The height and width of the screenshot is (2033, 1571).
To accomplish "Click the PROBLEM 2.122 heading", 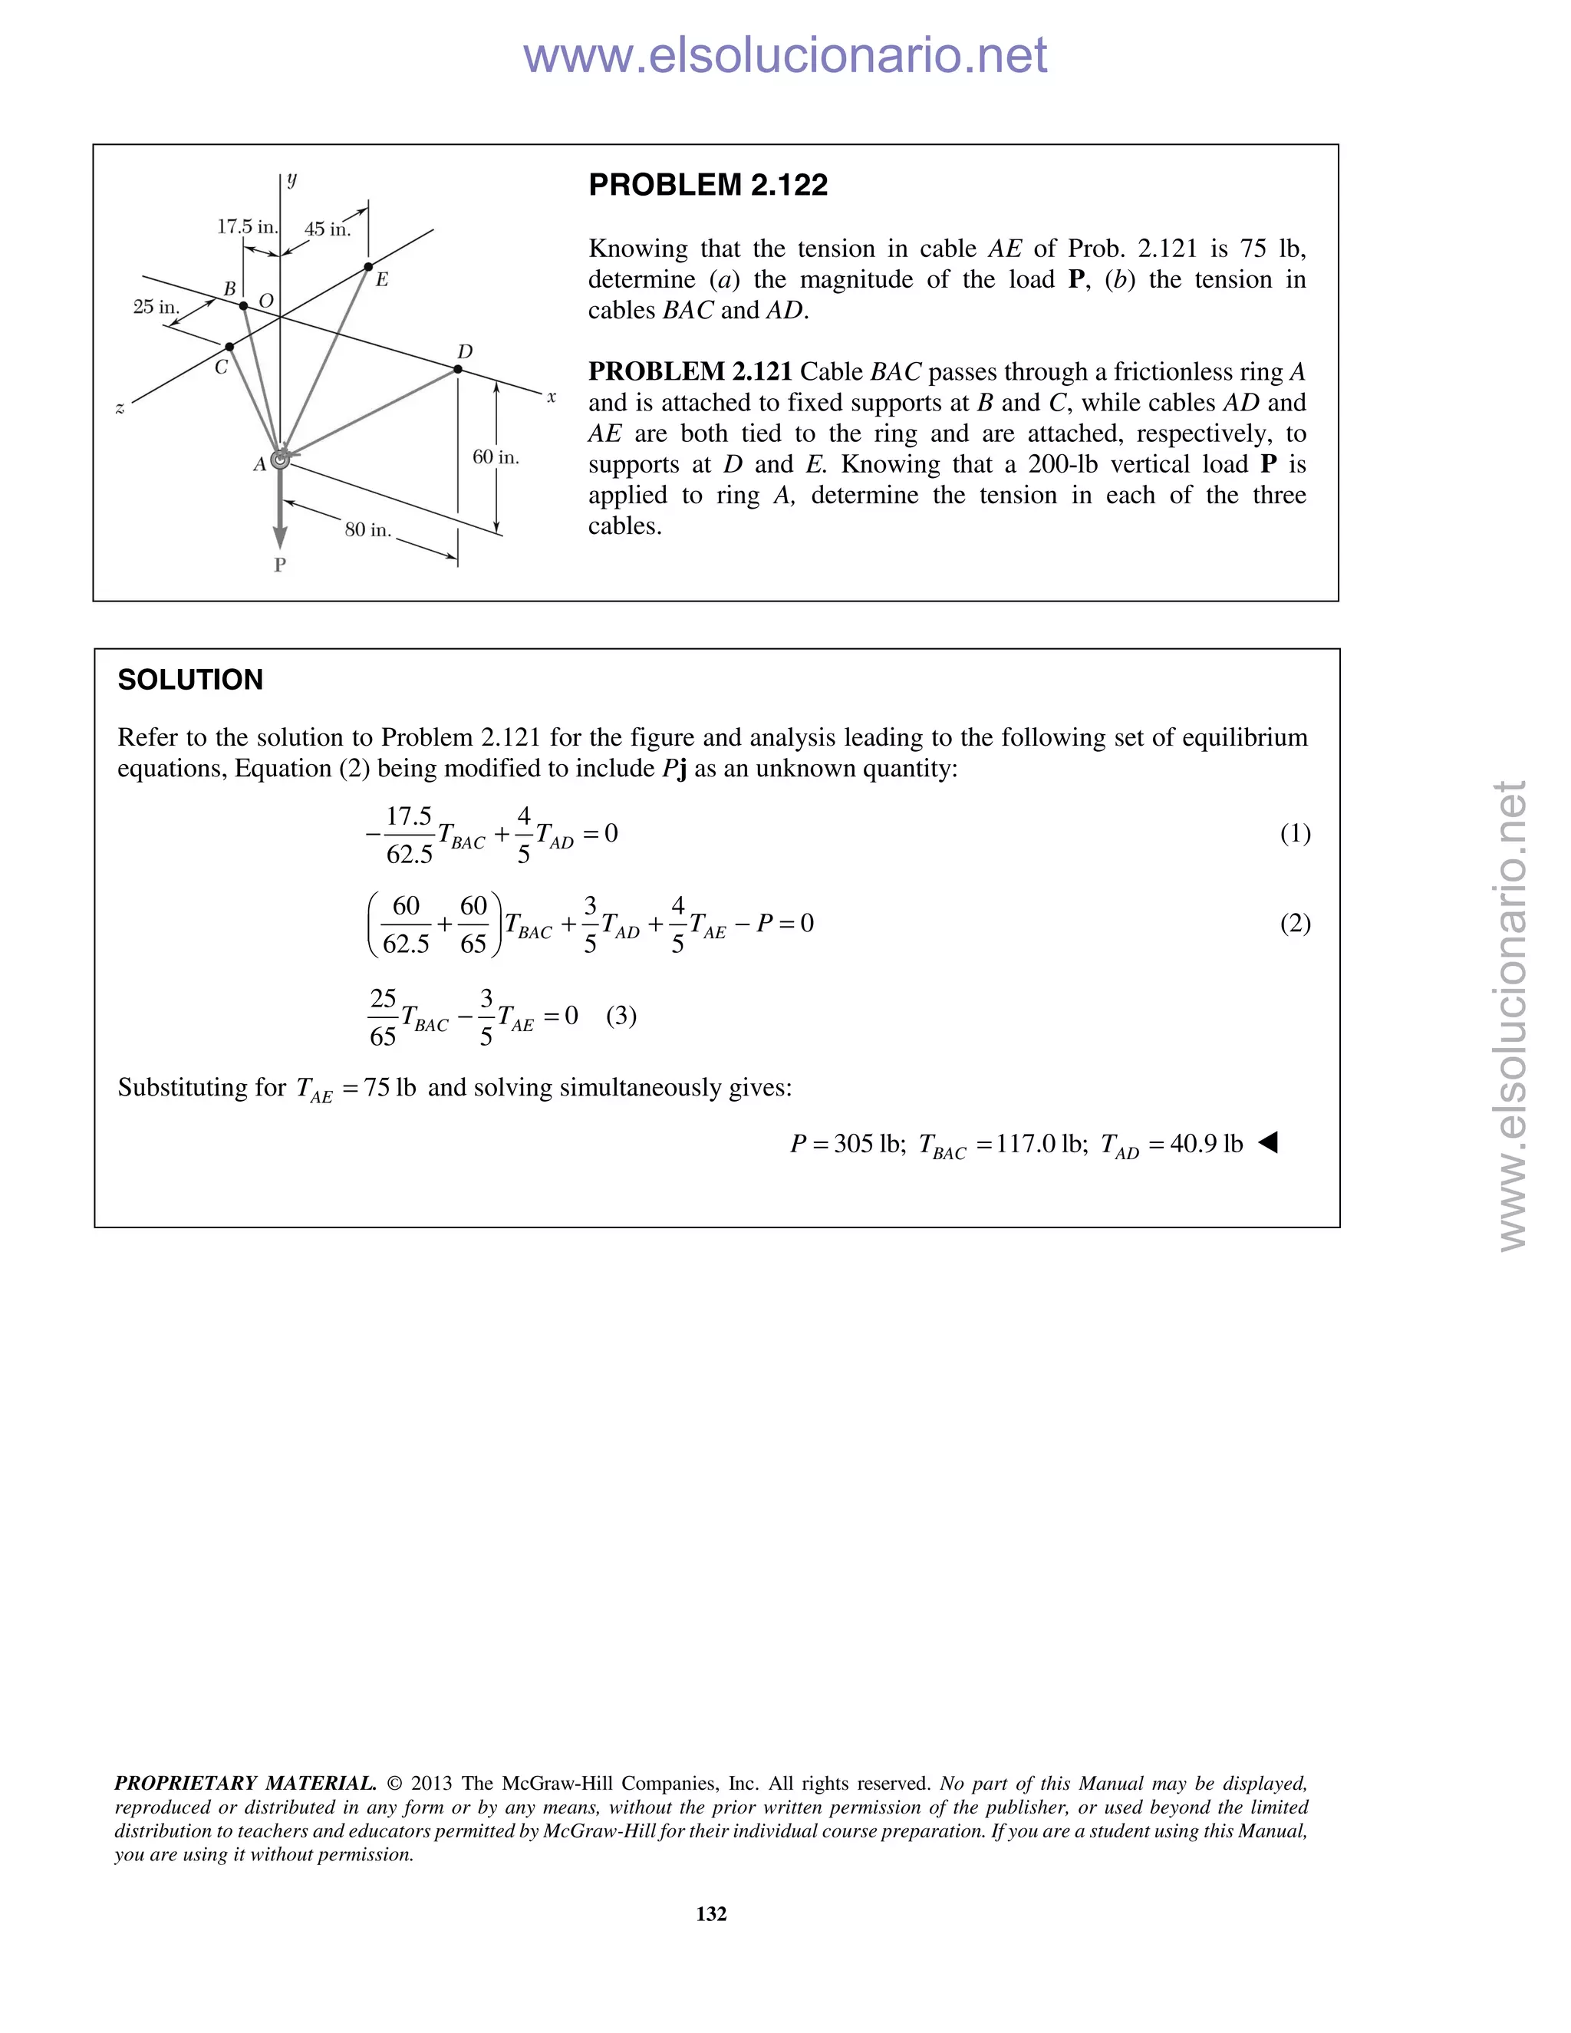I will coord(707,185).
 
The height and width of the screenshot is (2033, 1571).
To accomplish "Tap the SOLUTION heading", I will coord(190,680).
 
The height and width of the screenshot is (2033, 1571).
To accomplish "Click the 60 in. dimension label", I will coord(495,457).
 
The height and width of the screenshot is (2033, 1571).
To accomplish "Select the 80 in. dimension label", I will coord(367,529).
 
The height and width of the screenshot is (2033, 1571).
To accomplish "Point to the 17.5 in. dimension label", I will coord(247,226).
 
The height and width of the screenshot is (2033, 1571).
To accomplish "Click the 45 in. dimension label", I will coord(328,229).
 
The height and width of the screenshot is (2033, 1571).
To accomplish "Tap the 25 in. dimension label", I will coord(156,306).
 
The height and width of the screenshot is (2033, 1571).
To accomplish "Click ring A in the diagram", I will coord(280,460).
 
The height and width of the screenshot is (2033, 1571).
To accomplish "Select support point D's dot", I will coord(458,370).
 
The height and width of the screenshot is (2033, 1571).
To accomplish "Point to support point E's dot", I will coord(368,267).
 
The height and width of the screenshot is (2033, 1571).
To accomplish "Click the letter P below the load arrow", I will coord(279,565).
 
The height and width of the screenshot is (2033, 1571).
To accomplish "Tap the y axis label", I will coord(292,179).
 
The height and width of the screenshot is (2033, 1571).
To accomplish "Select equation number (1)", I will coord(1295,833).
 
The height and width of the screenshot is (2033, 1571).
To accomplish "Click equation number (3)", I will coord(621,1016).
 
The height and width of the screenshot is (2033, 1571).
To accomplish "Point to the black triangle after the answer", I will coord(1267,1142).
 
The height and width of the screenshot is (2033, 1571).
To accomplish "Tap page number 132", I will coord(711,1913).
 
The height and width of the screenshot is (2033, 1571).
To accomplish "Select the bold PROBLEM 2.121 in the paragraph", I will coord(689,371).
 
